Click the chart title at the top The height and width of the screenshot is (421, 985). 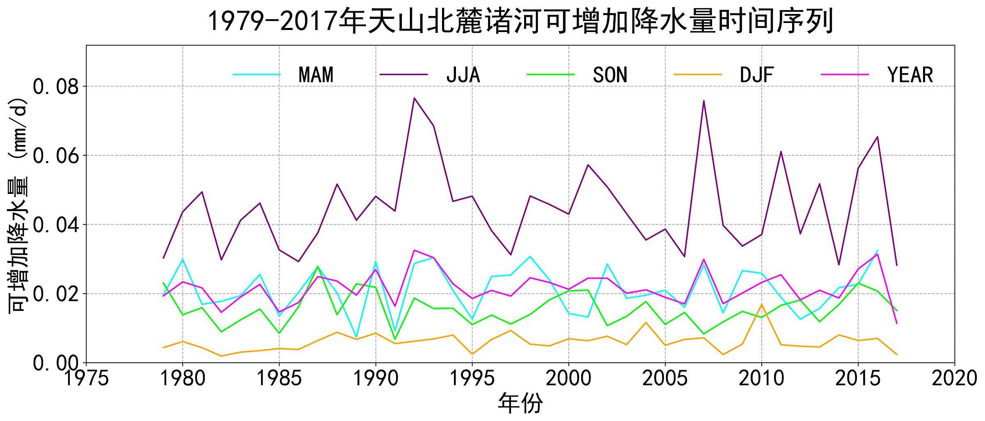coord(520,21)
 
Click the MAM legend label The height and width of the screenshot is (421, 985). coord(316,75)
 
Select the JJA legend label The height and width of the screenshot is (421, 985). coord(463,75)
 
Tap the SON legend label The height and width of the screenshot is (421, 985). coord(610,75)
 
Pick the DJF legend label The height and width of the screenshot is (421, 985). coord(757,75)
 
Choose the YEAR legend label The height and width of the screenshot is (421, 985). coord(910,75)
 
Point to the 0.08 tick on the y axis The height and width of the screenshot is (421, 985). coord(57,87)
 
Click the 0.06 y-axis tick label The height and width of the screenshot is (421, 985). coord(57,156)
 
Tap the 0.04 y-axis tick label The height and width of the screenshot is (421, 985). coord(57,225)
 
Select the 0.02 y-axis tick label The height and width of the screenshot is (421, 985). coord(57,294)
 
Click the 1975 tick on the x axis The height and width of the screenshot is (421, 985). coord(86,378)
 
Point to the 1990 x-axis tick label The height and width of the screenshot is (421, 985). coord(376,378)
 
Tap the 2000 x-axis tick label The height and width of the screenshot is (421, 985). coord(569,378)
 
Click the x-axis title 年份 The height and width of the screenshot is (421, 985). coord(520,404)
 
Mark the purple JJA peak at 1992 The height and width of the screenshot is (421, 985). coord(414,98)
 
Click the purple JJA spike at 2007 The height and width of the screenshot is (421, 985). coord(704,101)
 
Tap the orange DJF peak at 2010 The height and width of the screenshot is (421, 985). coord(762,304)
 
